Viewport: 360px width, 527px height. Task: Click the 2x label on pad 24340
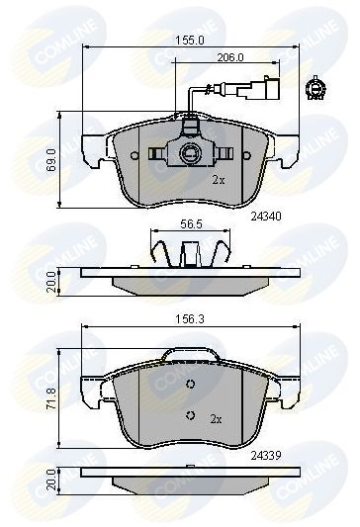click(x=220, y=181)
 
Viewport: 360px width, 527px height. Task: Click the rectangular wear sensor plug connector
click(x=267, y=86)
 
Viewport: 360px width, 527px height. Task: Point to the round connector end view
click(x=318, y=87)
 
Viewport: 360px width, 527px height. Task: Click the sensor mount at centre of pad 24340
click(x=189, y=153)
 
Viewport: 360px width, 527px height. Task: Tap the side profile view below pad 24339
click(x=189, y=484)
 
